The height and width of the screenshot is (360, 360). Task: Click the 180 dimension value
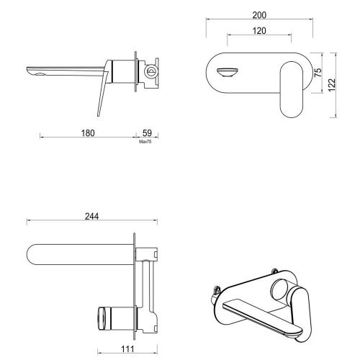(x=87, y=134)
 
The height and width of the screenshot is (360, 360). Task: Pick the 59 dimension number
(x=146, y=134)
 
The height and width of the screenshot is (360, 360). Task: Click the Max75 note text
(x=145, y=142)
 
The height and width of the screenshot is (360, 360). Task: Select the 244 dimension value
(x=91, y=216)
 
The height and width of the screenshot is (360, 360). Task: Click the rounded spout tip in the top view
(x=35, y=254)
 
